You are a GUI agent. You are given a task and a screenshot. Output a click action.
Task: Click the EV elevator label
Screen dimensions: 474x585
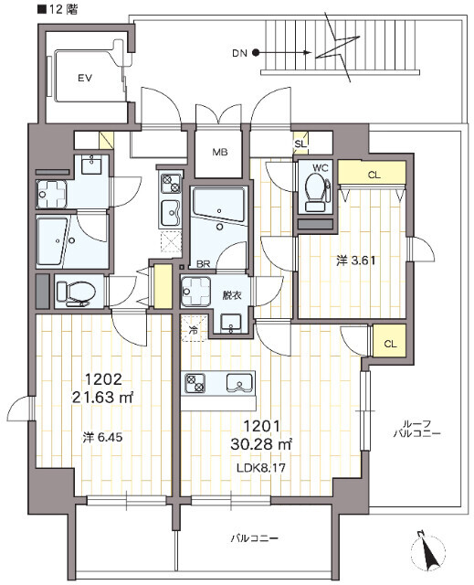pyautogui.click(x=85, y=79)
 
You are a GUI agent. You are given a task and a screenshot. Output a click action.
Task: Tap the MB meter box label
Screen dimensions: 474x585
pyautogui.click(x=220, y=152)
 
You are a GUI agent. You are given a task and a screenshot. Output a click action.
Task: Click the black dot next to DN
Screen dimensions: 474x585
pyautogui.click(x=256, y=53)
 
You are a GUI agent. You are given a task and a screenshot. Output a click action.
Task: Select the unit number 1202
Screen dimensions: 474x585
pyautogui.click(x=103, y=380)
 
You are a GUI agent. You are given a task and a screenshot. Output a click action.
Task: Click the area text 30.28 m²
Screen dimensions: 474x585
pyautogui.click(x=261, y=444)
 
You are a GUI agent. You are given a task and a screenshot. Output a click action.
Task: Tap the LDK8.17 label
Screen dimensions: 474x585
pyautogui.click(x=261, y=467)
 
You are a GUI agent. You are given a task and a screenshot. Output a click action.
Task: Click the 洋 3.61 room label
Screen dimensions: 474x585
pyautogui.click(x=355, y=260)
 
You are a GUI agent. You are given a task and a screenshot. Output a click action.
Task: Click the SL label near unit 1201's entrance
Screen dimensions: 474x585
pyautogui.click(x=300, y=144)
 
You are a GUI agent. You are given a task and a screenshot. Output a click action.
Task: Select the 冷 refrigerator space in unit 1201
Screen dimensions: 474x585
pyautogui.click(x=194, y=329)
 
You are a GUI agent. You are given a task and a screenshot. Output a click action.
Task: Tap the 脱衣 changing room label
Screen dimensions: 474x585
pyautogui.click(x=232, y=295)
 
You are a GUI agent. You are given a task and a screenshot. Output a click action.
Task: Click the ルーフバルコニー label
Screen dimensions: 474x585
pyautogui.click(x=417, y=429)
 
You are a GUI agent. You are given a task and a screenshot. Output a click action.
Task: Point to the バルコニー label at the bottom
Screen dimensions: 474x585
pyautogui.click(x=254, y=538)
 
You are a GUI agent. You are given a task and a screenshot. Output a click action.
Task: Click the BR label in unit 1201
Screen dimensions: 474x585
pyautogui.click(x=204, y=264)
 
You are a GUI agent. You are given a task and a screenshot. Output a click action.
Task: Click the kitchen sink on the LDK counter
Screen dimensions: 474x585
pyautogui.click(x=239, y=383)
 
